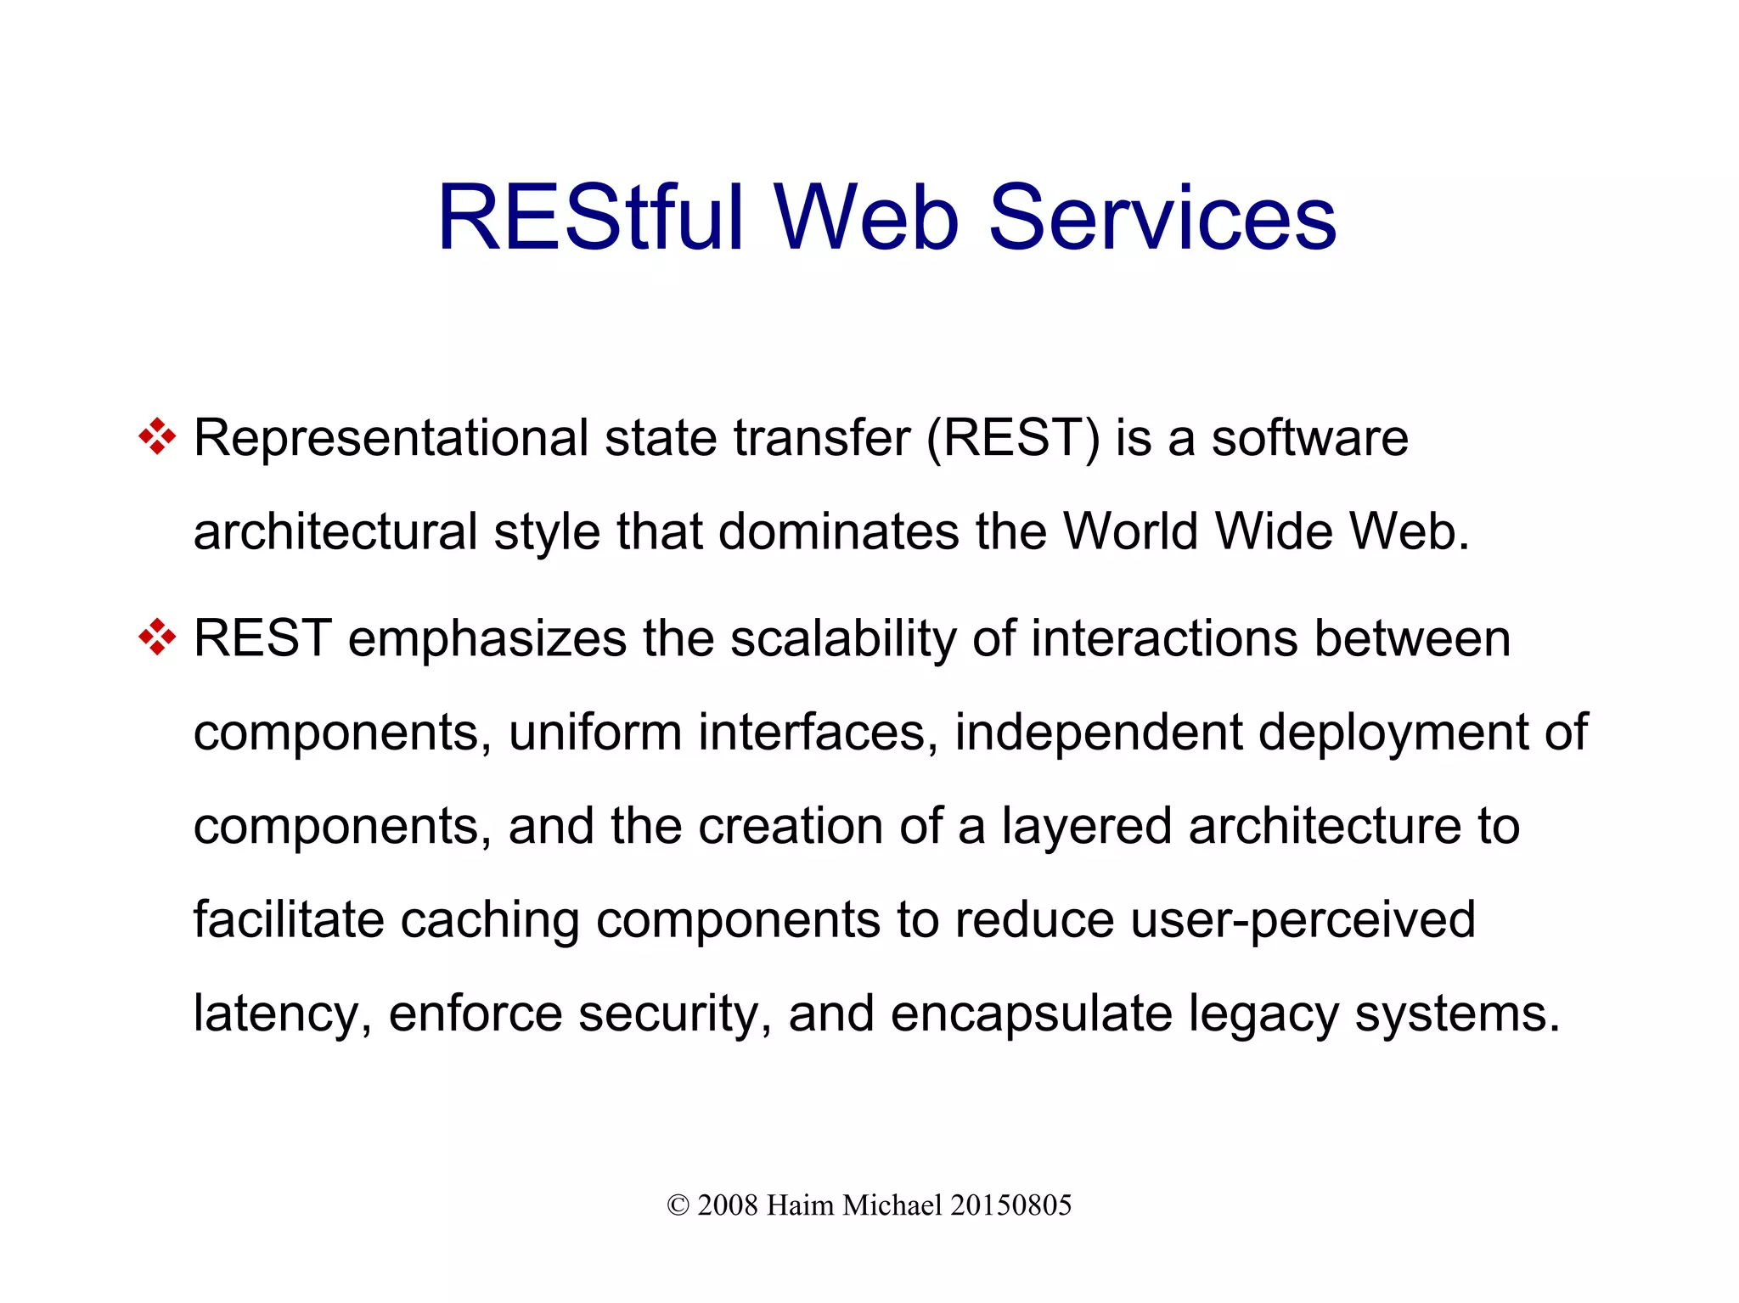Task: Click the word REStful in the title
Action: tap(590, 218)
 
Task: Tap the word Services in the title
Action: tap(1162, 218)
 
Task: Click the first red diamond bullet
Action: tap(157, 438)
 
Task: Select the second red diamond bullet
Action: tap(157, 637)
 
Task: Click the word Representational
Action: tap(391, 439)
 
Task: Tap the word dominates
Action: tap(838, 532)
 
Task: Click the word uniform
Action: tap(594, 732)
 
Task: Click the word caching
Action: tap(489, 920)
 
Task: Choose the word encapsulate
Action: tap(1031, 1014)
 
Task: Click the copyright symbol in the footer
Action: tap(678, 1205)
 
